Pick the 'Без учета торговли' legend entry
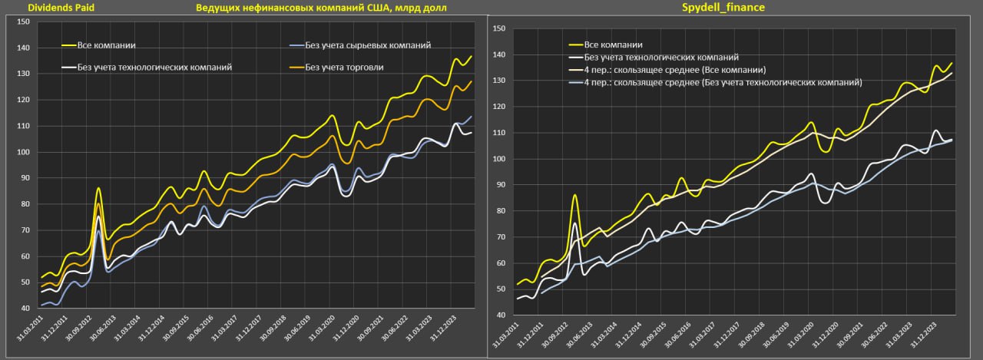tap(344, 67)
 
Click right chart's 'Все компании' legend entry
tap(613, 45)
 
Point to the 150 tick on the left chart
tap(22, 22)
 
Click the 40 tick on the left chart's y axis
tap(25, 309)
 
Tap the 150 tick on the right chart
tap(498, 29)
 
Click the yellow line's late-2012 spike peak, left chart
tap(99, 188)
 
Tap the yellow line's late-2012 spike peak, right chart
tap(574, 195)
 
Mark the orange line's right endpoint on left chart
tap(472, 81)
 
